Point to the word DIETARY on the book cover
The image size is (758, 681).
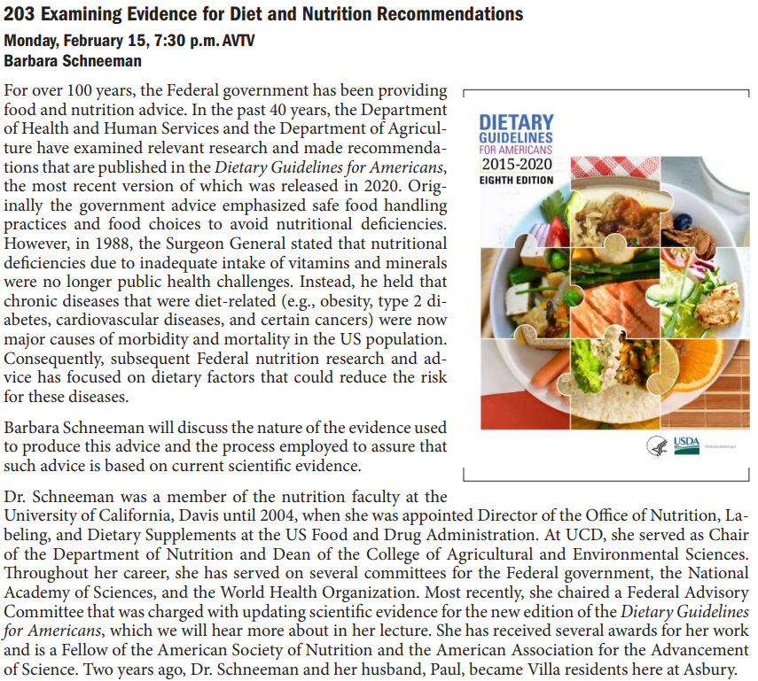tap(516, 122)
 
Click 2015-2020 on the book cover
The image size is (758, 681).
tap(516, 165)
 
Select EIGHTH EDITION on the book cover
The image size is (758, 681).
tap(516, 181)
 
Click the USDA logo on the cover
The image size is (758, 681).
tap(686, 443)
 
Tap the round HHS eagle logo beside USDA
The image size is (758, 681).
tap(657, 445)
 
